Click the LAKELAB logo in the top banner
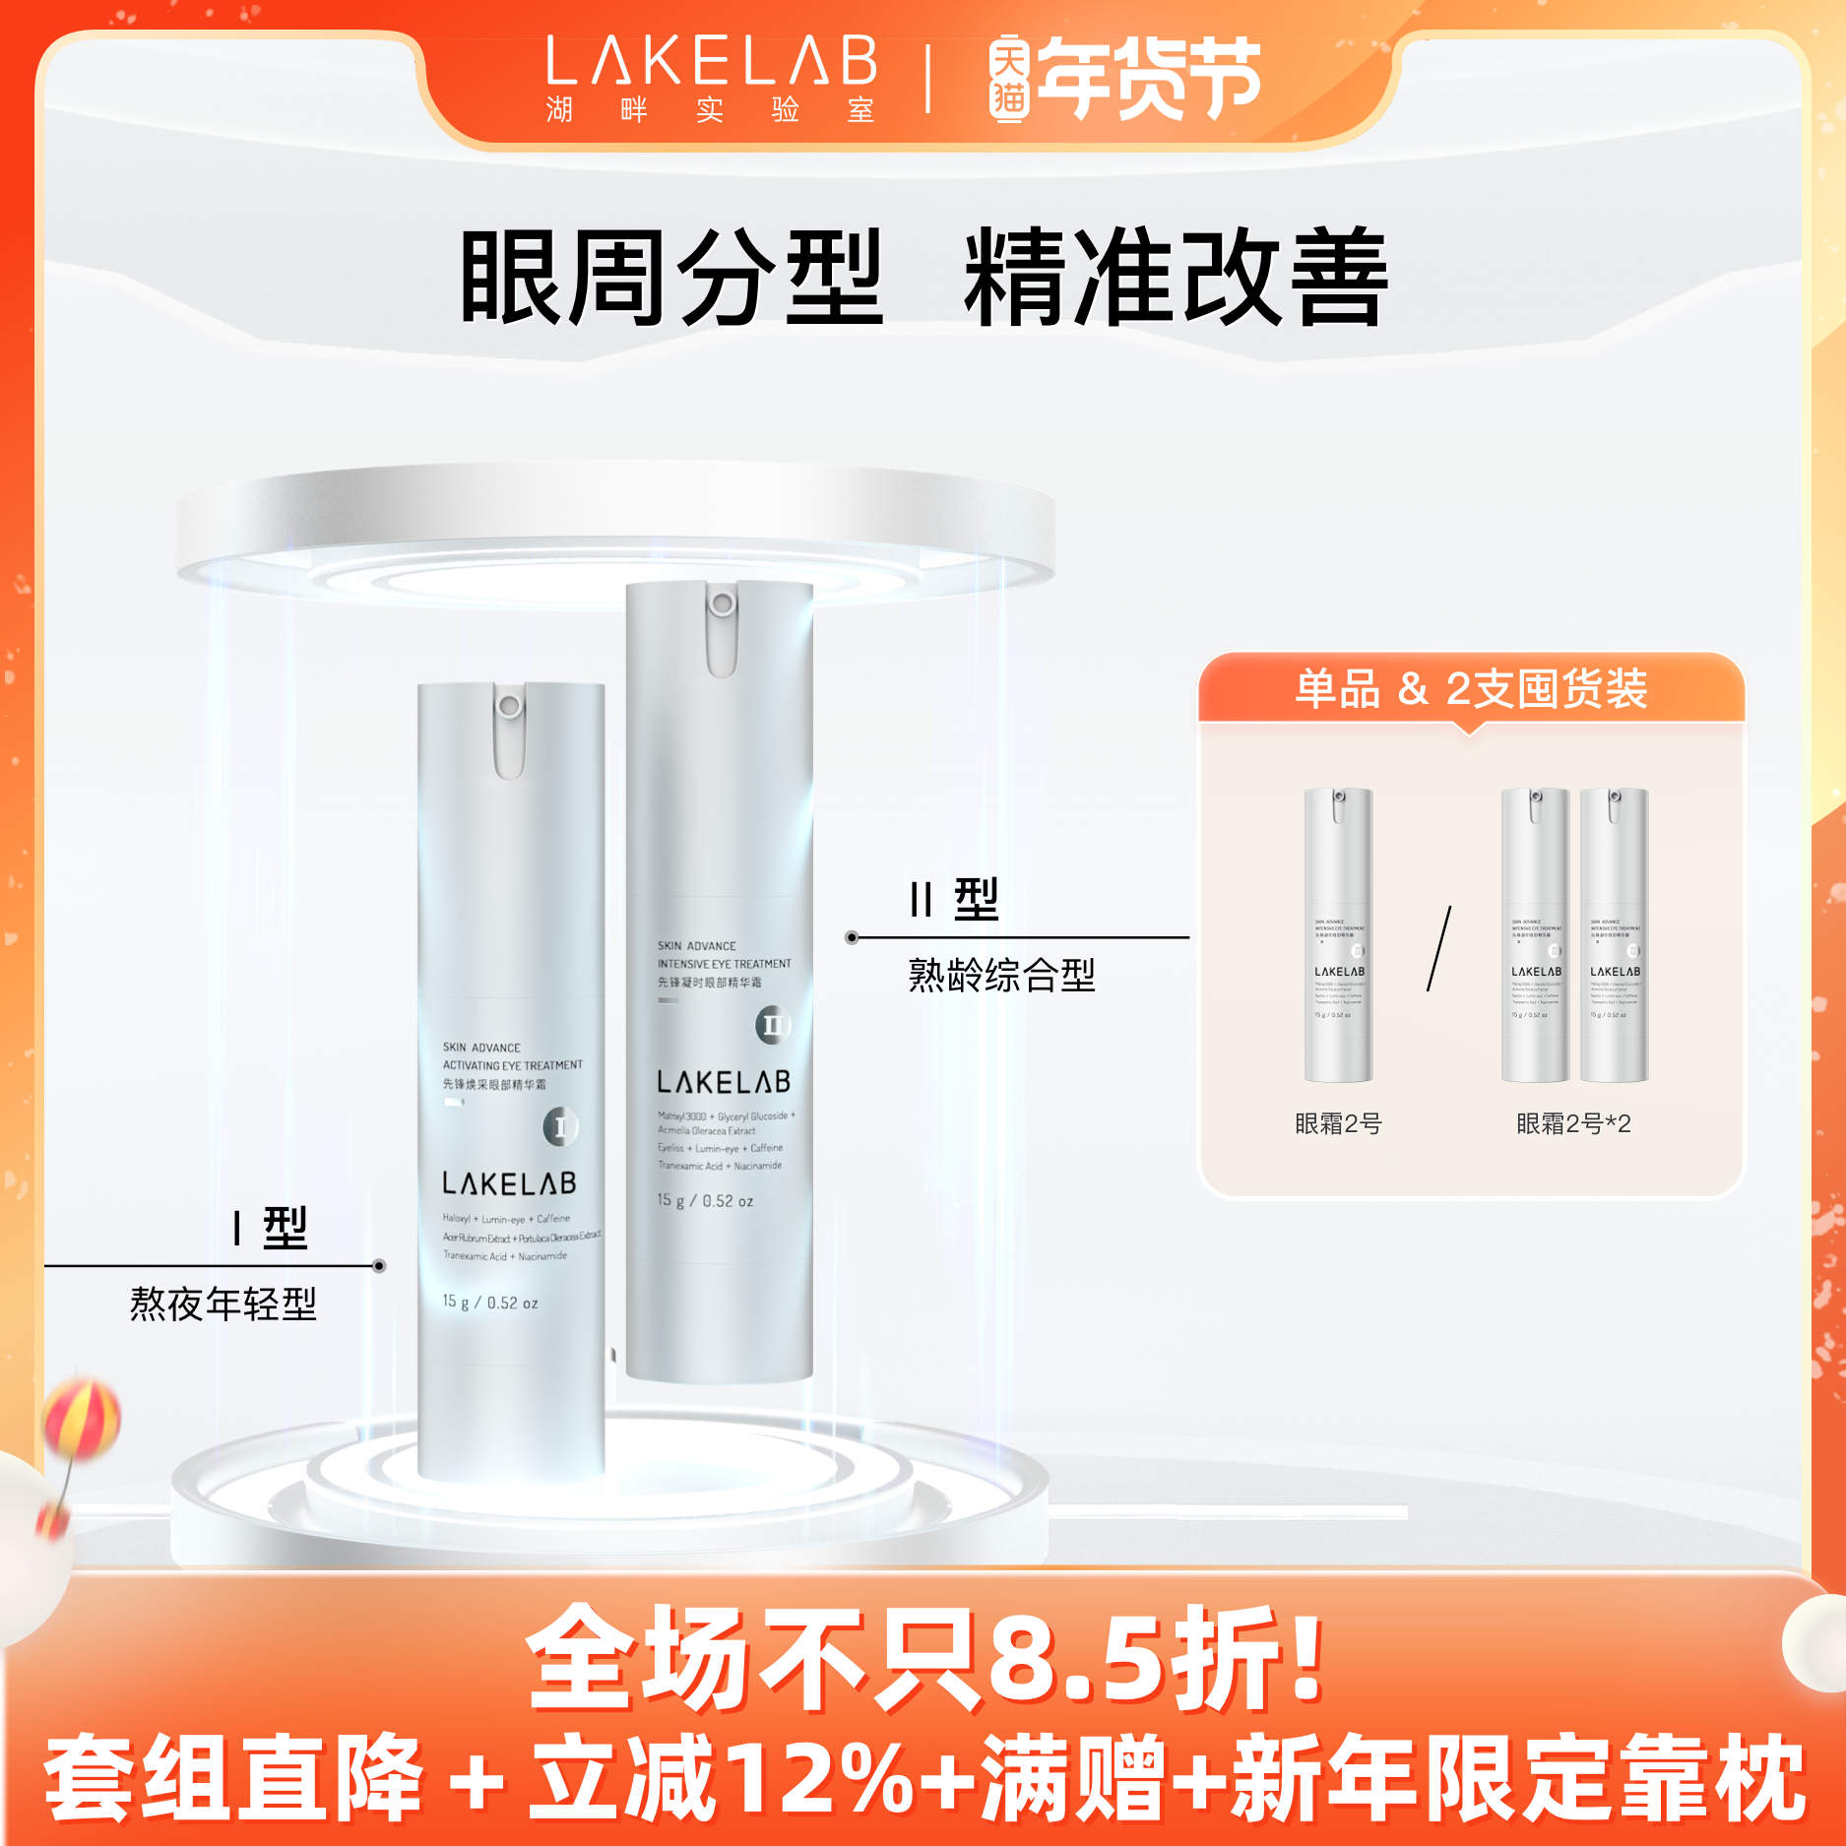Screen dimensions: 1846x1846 tap(711, 61)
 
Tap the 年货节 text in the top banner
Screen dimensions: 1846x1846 tap(1149, 79)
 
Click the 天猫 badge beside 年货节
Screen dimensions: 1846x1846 tap(1009, 80)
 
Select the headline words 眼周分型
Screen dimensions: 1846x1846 tap(671, 278)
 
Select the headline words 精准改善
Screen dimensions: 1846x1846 tap(1176, 278)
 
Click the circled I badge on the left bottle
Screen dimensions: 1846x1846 tap(560, 1126)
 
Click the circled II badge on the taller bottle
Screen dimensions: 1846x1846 tap(773, 1025)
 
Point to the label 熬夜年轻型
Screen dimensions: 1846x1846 tap(223, 1305)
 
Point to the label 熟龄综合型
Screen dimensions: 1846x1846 tap(1001, 976)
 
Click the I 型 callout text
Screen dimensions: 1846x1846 tap(271, 1228)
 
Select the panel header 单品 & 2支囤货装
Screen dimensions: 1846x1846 tap(1471, 688)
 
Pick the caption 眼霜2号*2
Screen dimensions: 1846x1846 tap(1573, 1123)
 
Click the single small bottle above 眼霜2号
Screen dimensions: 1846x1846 tap(1338, 934)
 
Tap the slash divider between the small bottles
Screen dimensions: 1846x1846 tap(1438, 949)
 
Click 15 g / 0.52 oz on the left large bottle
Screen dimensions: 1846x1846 tap(490, 1303)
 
